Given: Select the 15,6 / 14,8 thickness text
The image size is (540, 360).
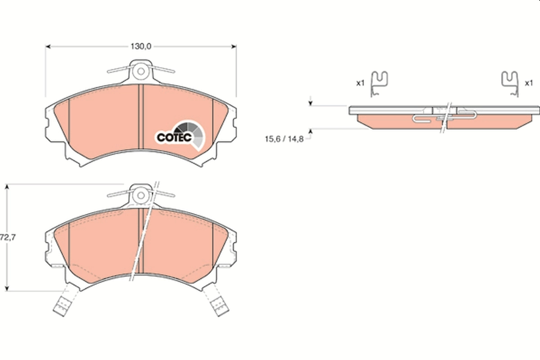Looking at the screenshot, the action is [284, 139].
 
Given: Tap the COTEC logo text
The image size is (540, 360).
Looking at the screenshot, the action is [174, 136].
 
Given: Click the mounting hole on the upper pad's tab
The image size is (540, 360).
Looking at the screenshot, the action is [141, 71].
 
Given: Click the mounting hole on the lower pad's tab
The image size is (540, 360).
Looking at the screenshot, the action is [141, 195].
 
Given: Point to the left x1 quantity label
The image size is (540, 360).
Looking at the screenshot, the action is [360, 83].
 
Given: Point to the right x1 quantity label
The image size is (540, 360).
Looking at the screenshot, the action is [529, 83].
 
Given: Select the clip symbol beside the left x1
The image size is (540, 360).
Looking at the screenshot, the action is [379, 84].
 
